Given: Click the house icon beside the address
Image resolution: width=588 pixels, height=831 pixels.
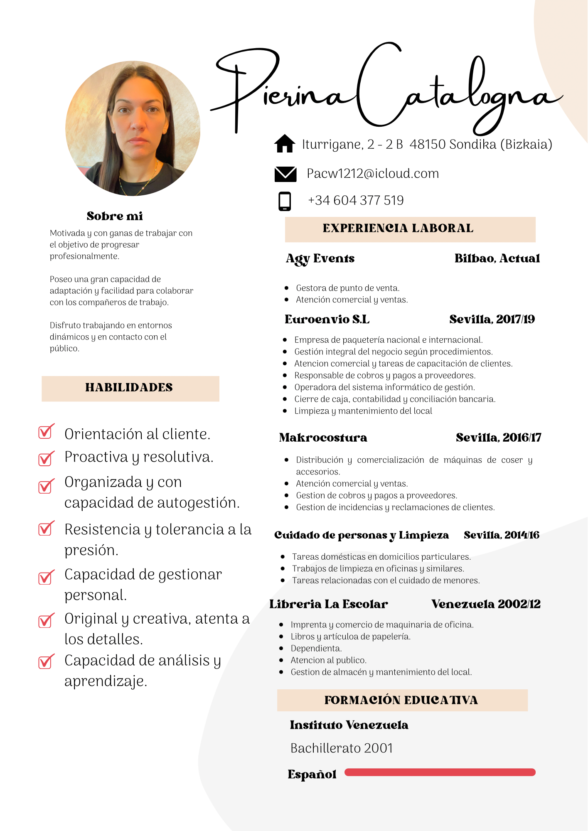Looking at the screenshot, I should [285, 144].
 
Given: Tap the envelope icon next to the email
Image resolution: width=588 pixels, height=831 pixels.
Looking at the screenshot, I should [285, 174].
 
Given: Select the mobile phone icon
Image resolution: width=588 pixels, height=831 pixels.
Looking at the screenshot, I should [285, 201].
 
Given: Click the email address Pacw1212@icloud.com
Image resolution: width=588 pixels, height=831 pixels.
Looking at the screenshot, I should [372, 174].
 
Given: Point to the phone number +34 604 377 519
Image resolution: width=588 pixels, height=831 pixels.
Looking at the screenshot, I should [356, 200].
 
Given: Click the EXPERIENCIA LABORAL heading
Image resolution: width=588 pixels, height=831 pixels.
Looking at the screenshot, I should [398, 229].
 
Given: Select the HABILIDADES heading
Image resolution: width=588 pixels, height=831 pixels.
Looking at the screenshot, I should [129, 388].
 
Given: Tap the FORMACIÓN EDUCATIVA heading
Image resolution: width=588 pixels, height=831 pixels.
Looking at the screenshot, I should [401, 700].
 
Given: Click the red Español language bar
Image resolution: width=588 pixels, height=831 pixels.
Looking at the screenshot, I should [440, 772].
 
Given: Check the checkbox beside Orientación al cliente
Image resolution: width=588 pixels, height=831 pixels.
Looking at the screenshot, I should [46, 432].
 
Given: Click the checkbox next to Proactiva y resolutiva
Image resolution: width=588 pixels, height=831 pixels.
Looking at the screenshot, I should [46, 458].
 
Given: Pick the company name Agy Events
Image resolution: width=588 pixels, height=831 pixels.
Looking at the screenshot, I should [320, 258].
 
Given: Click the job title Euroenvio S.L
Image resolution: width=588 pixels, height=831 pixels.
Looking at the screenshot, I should [327, 319].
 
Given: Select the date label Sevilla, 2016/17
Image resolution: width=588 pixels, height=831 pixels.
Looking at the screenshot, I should [498, 438].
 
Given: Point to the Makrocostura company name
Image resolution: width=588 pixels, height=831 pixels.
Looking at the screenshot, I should [323, 438].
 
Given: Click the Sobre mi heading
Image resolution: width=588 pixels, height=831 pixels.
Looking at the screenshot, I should [115, 216].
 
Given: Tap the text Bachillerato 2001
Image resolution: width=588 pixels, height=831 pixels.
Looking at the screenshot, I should [342, 748].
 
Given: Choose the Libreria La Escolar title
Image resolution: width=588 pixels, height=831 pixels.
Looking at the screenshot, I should [328, 604].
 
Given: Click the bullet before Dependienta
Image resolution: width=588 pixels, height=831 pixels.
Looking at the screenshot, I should [281, 648].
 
